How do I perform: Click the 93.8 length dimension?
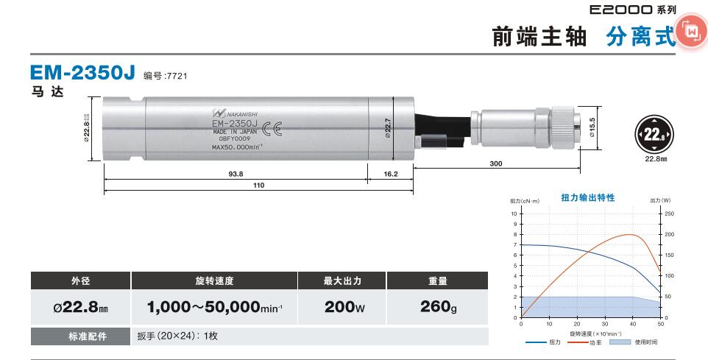click(236, 174)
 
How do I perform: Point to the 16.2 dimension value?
click(390, 174)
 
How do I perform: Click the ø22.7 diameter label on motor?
click(387, 128)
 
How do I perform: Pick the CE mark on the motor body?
click(272, 130)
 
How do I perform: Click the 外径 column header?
click(80, 280)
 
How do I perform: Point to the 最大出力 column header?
click(342, 280)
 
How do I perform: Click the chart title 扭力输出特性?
click(587, 198)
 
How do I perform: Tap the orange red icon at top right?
click(692, 32)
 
